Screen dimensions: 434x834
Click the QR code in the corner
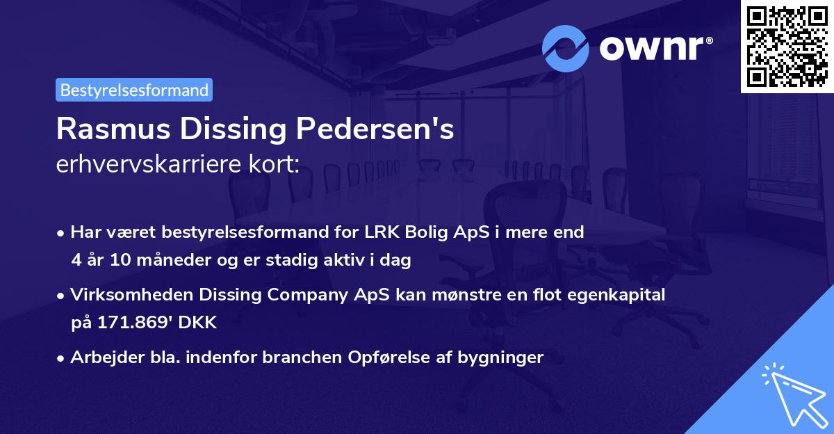coord(787,46)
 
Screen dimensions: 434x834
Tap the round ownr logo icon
coord(566,49)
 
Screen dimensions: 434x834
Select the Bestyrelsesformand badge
coord(134,90)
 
